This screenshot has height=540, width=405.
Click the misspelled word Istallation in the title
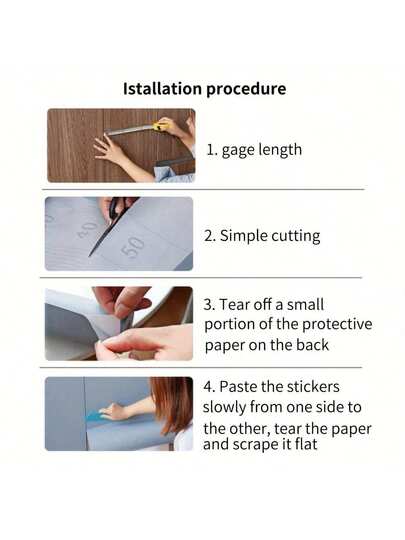pos(162,89)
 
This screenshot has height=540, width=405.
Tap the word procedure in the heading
pos(246,89)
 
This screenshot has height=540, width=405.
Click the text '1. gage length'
pos(254,149)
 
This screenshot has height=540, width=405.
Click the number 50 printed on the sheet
pos(132,247)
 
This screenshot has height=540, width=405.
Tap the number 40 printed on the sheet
pos(88,229)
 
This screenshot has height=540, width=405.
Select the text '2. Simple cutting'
pos(262,236)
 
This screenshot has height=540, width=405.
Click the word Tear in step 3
pos(238,304)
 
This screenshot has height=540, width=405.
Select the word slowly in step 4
pos(226,408)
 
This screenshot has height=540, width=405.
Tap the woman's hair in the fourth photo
pos(174,400)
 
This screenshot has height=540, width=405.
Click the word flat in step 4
pos(305,443)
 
